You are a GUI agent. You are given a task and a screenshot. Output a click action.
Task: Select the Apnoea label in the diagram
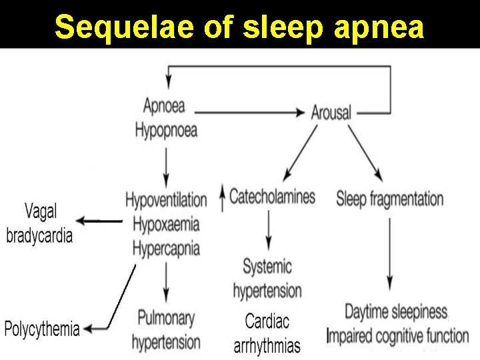(x=164, y=105)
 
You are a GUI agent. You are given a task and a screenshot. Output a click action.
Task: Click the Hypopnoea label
(x=166, y=129)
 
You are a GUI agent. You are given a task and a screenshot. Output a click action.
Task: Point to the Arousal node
(x=331, y=112)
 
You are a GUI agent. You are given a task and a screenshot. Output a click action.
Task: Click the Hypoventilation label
(x=166, y=199)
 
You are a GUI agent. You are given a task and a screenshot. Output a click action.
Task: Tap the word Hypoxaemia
(x=166, y=224)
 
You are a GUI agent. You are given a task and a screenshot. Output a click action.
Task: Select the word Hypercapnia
(x=166, y=249)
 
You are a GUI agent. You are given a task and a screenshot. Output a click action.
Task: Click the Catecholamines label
(x=272, y=197)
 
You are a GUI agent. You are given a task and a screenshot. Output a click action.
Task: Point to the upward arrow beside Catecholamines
(x=222, y=199)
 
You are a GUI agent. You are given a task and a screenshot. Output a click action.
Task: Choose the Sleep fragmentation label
(x=390, y=199)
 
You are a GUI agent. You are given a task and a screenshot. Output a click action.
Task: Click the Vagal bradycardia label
(x=40, y=224)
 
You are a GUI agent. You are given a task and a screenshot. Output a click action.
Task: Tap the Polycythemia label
(x=42, y=329)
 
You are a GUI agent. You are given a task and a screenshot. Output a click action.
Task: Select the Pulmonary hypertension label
(x=166, y=329)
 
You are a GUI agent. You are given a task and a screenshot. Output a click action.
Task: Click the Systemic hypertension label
(x=267, y=279)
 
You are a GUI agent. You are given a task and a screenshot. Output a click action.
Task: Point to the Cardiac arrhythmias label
(x=267, y=334)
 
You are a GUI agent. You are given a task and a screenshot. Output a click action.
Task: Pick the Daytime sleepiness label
(x=396, y=311)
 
